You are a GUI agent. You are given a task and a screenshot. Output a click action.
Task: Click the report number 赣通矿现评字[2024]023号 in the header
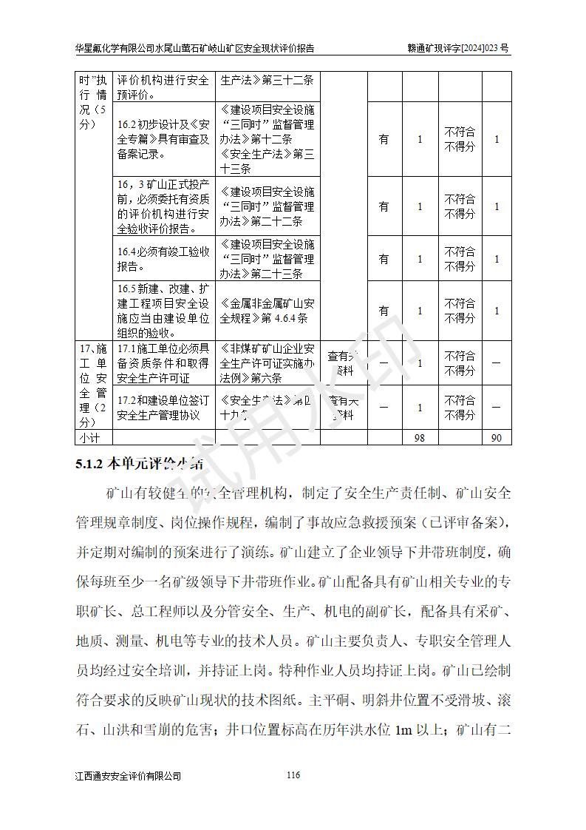pyautogui.click(x=458, y=48)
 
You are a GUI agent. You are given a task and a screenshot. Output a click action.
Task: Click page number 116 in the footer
pyautogui.click(x=293, y=775)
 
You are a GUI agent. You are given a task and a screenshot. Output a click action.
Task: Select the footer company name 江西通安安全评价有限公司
pyautogui.click(x=128, y=776)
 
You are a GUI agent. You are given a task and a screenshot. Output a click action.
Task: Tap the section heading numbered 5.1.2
pyautogui.click(x=140, y=465)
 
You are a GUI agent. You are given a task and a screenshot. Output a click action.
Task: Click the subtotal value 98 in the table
pyautogui.click(x=420, y=438)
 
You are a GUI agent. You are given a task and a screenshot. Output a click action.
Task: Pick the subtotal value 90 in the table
pyautogui.click(x=496, y=438)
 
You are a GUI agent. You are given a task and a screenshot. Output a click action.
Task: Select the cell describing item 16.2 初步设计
pyautogui.click(x=163, y=139)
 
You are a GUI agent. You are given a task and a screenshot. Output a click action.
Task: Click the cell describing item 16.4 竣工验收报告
pyautogui.click(x=163, y=258)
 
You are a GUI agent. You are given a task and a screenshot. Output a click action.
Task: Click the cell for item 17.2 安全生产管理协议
pyautogui.click(x=163, y=407)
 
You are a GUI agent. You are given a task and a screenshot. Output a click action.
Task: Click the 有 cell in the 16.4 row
pyautogui.click(x=384, y=259)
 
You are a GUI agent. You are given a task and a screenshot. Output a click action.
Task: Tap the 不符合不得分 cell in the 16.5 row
pyautogui.click(x=459, y=311)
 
